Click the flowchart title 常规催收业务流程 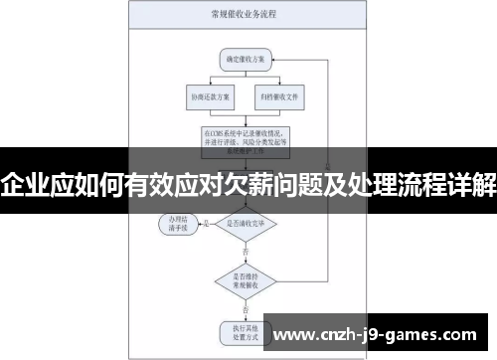click(243, 16)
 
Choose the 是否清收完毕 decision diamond click(246, 223)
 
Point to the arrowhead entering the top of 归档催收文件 click(277, 88)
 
